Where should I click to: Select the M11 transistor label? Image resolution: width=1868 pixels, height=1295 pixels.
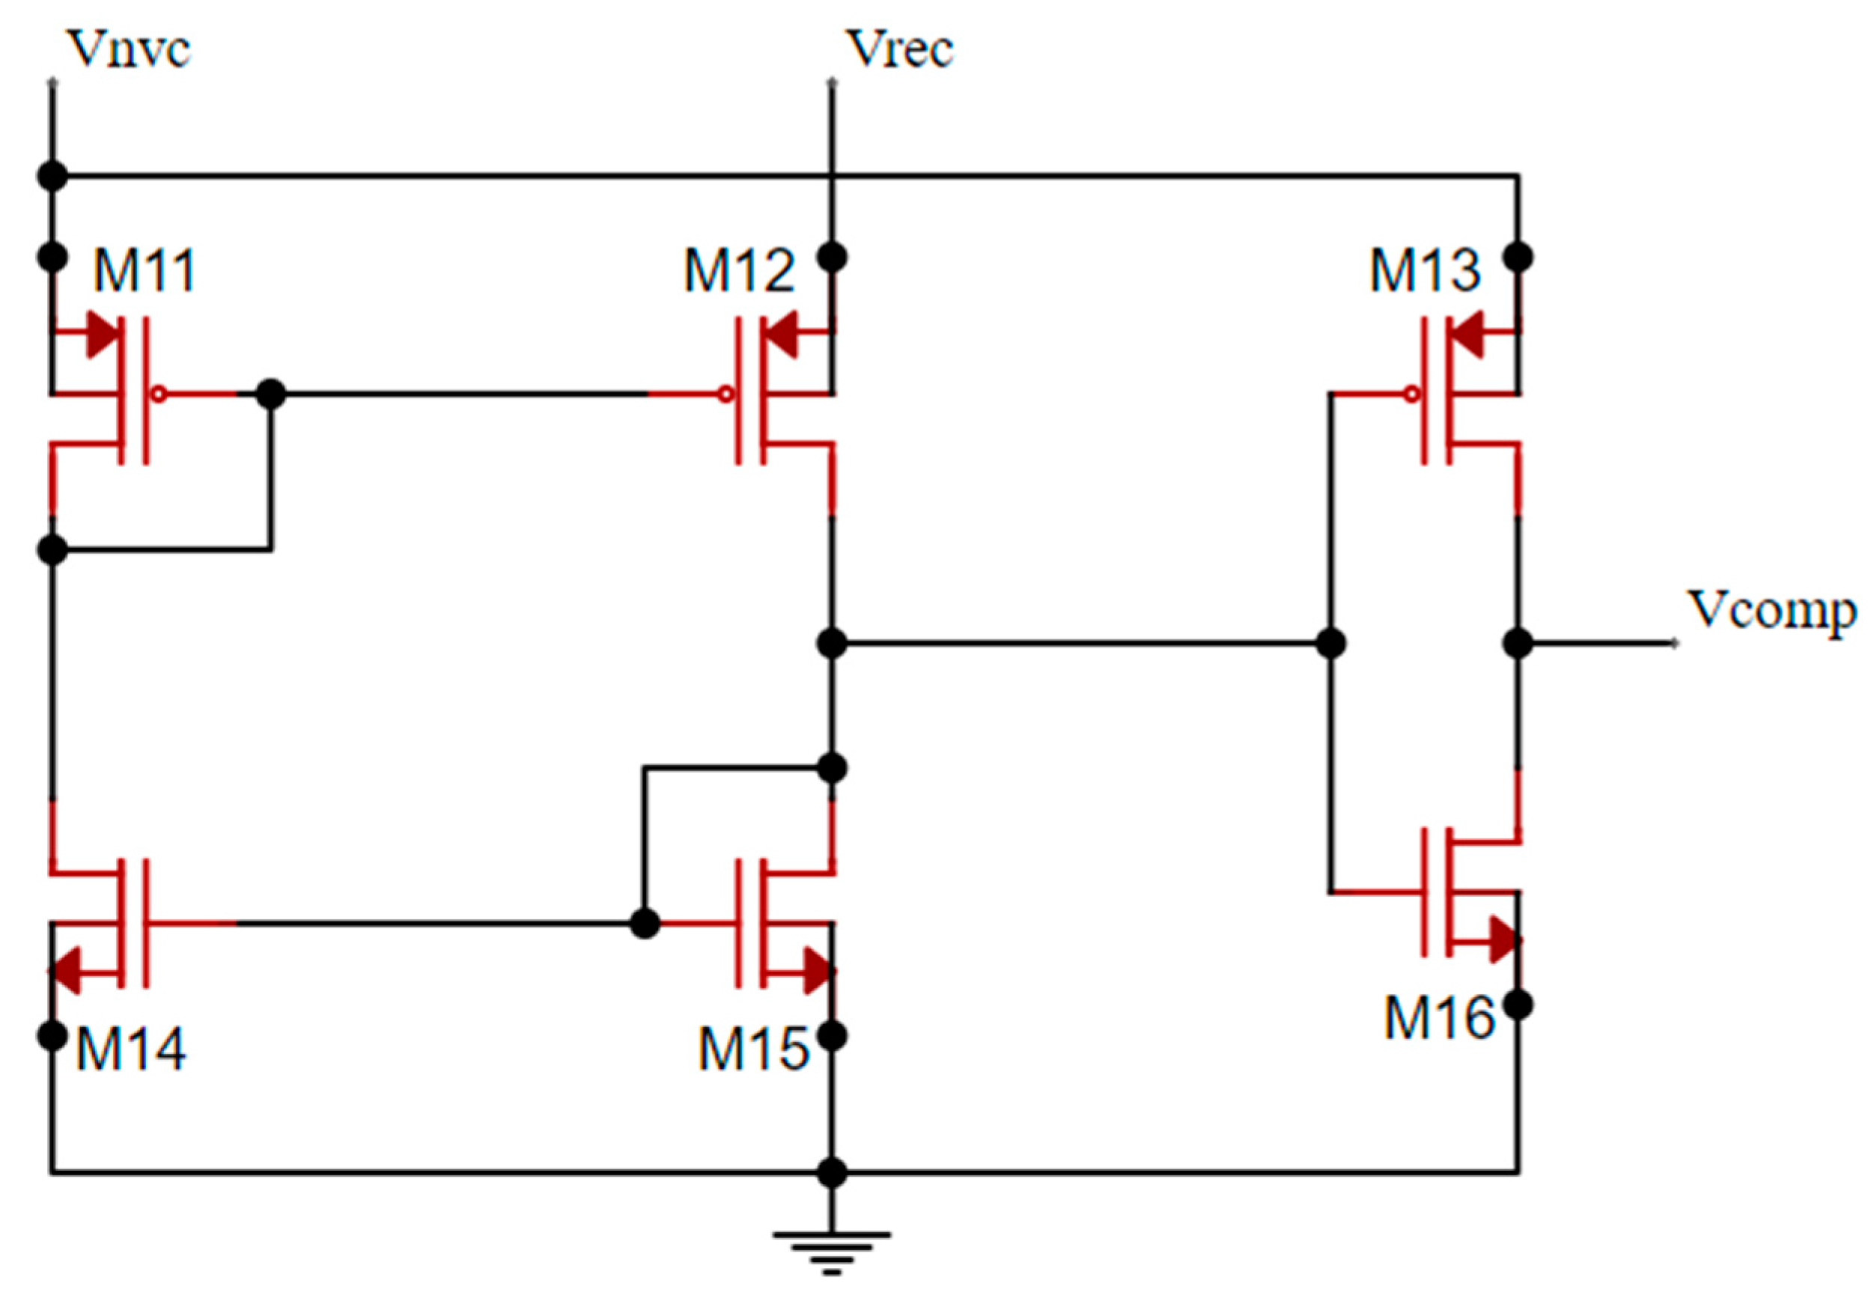144,271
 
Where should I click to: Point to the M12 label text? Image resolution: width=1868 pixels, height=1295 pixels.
739,271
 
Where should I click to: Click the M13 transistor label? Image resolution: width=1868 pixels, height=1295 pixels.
1425,271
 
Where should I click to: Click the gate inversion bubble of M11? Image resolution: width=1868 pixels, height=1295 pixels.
160,395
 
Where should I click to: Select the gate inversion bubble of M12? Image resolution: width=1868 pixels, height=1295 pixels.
726,395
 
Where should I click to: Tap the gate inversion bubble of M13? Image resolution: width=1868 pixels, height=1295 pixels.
1412,395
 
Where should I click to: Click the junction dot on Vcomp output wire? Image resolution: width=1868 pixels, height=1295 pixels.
1518,644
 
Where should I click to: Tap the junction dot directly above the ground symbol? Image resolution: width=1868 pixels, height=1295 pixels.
832,1172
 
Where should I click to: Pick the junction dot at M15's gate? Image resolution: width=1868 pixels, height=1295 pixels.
645,924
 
